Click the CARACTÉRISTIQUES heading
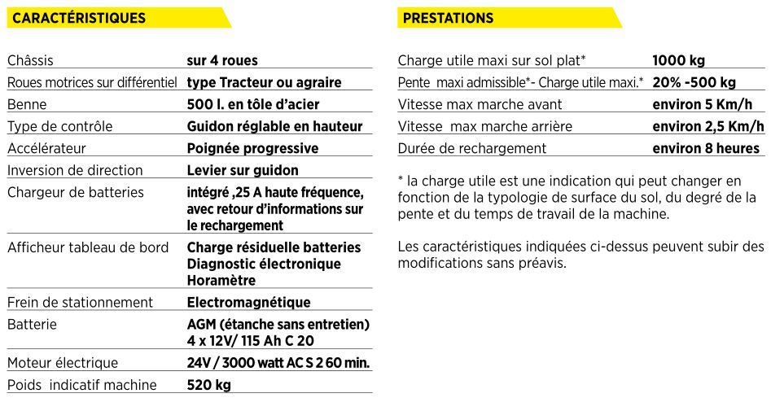pos(80,18)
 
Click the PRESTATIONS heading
pos(448,18)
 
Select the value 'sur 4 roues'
pos(222,60)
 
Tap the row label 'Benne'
pos(27,104)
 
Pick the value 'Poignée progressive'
pos(252,148)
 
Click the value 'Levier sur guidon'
pos(243,170)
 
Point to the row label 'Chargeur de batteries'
pos(76,192)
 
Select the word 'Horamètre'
pos(221,280)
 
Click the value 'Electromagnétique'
pos(248,302)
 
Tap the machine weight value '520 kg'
pos(208,384)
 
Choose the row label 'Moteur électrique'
pos(63,363)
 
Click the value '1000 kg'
pos(678,60)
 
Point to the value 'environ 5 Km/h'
pos(703,104)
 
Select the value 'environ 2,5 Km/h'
pos(708,126)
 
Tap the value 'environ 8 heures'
pos(706,148)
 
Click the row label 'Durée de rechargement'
pos(472,148)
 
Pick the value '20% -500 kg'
pos(694,82)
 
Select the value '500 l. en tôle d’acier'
pos(252,104)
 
